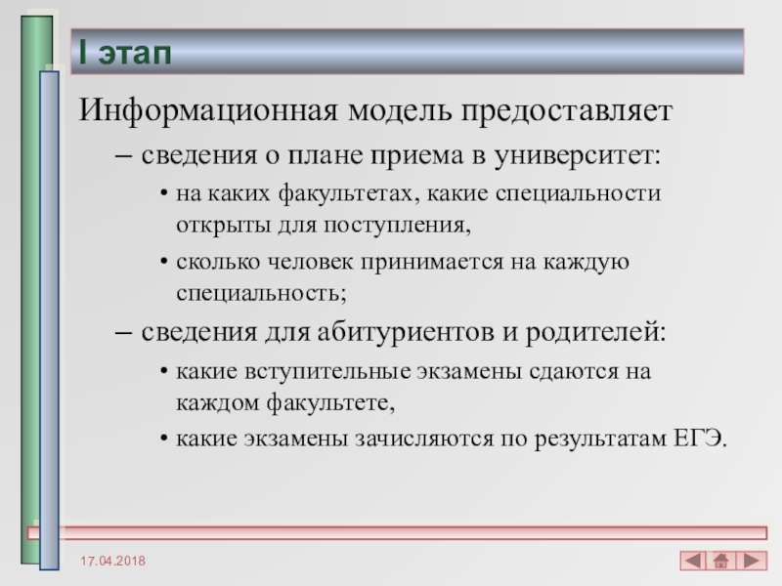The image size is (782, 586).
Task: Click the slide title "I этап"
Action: click(125, 53)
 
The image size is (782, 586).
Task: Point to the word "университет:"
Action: click(578, 156)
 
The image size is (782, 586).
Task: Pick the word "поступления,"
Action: click(398, 226)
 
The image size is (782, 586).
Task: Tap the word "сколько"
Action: click(218, 262)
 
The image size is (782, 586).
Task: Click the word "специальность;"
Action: click(261, 293)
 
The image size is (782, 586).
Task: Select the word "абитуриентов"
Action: click(406, 332)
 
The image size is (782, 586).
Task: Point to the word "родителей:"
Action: click(596, 332)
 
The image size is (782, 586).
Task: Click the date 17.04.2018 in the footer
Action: click(113, 561)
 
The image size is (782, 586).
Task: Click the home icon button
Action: click(720, 561)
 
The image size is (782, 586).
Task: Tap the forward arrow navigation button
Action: click(752, 561)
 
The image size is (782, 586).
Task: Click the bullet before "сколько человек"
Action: click(164, 262)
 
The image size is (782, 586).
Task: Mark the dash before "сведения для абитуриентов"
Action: click(123, 333)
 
